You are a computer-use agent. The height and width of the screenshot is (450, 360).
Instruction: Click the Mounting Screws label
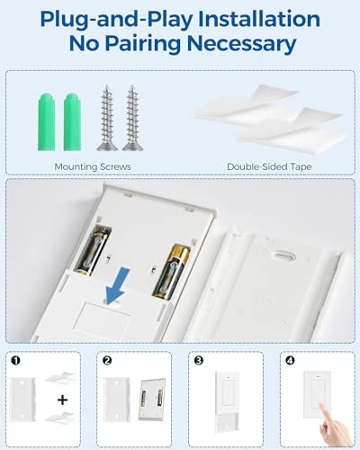[92, 166]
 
